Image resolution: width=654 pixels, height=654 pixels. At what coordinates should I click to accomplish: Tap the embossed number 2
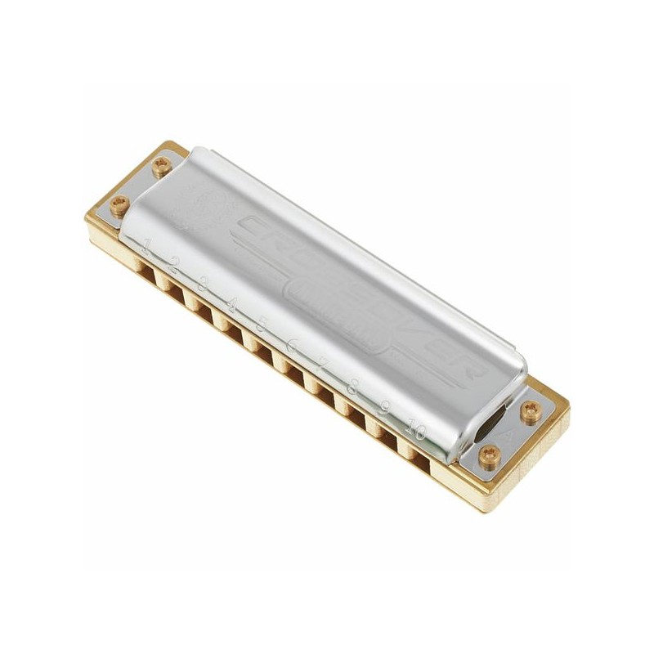174,264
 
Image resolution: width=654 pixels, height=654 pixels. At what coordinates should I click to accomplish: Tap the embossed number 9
383,409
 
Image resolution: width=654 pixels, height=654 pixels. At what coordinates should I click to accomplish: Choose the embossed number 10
416,428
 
